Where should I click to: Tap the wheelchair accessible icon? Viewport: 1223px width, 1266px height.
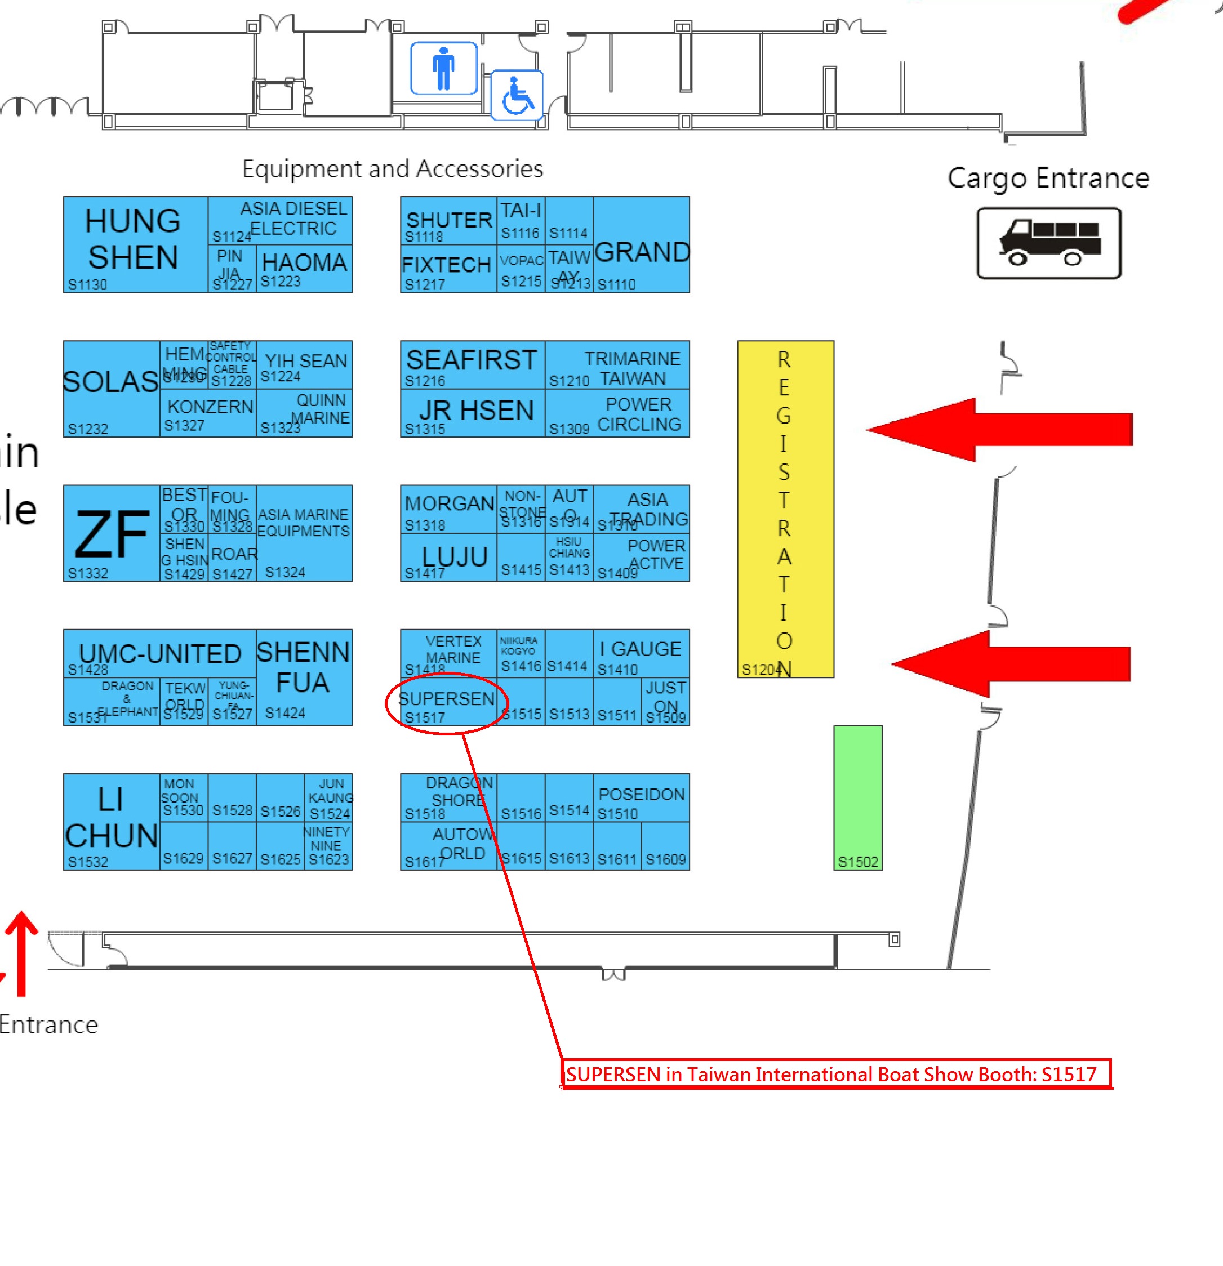point(517,96)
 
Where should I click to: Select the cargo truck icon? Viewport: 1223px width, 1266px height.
point(1048,243)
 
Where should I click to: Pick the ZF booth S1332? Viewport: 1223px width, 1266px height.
point(111,533)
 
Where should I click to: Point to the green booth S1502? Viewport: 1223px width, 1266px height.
point(857,797)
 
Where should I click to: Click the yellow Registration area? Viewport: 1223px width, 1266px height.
point(785,509)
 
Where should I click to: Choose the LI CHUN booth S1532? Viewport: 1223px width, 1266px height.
point(111,821)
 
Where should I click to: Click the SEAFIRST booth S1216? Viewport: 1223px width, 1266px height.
point(472,364)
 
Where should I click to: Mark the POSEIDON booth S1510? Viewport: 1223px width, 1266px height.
point(641,797)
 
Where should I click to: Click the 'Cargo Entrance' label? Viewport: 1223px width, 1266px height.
point(1048,179)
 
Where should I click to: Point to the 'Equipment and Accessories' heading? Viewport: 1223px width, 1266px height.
point(392,168)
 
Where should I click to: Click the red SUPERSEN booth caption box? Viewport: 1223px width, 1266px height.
point(835,1073)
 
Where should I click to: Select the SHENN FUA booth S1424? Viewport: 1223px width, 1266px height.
point(304,677)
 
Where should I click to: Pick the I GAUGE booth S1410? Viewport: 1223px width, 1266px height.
point(641,653)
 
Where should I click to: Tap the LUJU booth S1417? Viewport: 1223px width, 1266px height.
point(448,557)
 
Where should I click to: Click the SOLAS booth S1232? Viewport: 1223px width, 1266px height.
point(111,389)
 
